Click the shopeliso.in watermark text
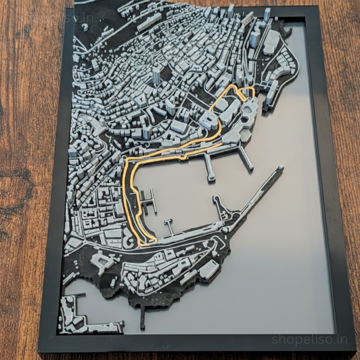point(309,339)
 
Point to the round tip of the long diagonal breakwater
point(281,167)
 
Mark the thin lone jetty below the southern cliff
point(143,317)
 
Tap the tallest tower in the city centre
point(156,76)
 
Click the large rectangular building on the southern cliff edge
point(209,269)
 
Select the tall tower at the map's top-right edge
point(267,15)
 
